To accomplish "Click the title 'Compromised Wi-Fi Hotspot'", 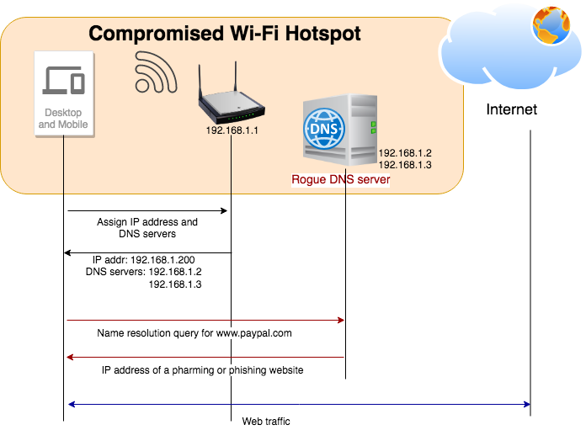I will pyautogui.click(x=225, y=34).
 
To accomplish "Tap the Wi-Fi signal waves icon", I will pyautogui.click(x=155, y=72).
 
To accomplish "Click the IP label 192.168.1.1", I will pyautogui.click(x=231, y=130).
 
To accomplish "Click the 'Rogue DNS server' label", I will pyautogui.click(x=340, y=179).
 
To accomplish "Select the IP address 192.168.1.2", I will pyautogui.click(x=405, y=153).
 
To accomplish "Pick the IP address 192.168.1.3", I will pyautogui.click(x=405, y=165).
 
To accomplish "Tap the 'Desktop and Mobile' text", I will pyautogui.click(x=63, y=119).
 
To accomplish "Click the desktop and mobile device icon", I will pyautogui.click(x=63, y=81).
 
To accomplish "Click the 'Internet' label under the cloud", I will pyautogui.click(x=511, y=110).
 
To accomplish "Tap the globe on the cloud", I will pyautogui.click(x=551, y=24).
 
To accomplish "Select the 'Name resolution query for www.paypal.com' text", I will pyautogui.click(x=194, y=333).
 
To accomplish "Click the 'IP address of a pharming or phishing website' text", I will pyautogui.click(x=202, y=370).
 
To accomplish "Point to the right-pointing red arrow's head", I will pyautogui.click(x=342, y=320).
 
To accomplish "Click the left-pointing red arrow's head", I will pyautogui.click(x=70, y=358).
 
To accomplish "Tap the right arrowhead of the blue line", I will pyautogui.click(x=526, y=405).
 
